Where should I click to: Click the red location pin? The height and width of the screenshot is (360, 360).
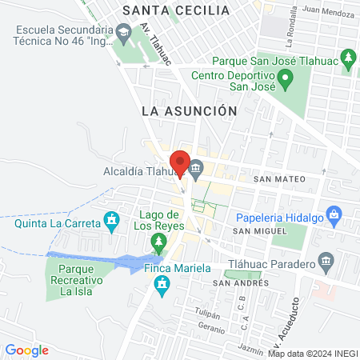click(181, 162)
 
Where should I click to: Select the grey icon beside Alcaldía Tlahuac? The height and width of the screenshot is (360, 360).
click(196, 168)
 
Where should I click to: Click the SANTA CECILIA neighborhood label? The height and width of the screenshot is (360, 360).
click(176, 10)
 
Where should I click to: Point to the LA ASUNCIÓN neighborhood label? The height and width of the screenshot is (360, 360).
click(189, 111)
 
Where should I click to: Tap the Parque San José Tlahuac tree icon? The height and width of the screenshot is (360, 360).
click(348, 58)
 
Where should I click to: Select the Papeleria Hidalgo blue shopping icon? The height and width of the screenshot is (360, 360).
click(335, 214)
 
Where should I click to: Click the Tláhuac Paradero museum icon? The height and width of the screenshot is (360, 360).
click(326, 262)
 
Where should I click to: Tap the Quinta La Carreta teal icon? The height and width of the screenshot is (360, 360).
click(112, 219)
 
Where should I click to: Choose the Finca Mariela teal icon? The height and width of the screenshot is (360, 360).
click(163, 285)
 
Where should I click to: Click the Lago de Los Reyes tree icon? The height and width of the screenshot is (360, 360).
click(160, 242)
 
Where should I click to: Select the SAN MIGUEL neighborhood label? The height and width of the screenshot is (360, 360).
click(258, 230)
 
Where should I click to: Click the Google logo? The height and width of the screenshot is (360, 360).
click(27, 350)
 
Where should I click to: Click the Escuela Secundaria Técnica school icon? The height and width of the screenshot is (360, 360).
click(122, 33)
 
